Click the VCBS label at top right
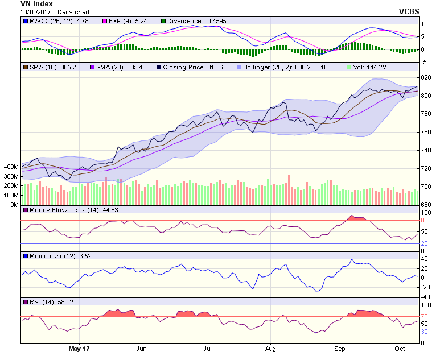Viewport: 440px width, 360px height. point(409,11)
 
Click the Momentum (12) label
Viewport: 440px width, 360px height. point(50,256)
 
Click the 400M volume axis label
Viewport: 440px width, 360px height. point(11,167)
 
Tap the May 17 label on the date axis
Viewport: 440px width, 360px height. point(79,347)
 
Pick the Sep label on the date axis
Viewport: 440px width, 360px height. point(340,347)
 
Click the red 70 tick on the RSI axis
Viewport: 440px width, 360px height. point(425,317)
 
